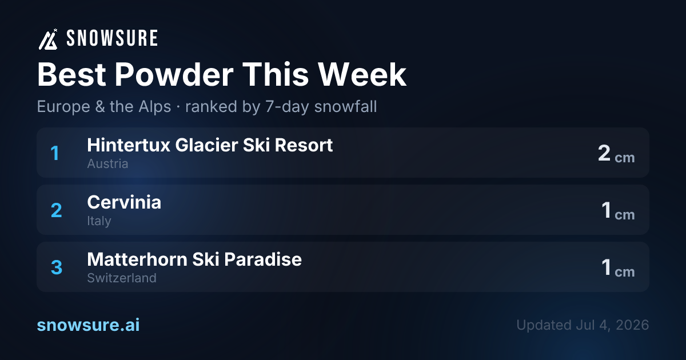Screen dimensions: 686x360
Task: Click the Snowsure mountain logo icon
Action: click(x=48, y=39)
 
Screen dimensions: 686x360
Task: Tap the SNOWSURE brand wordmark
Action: click(x=112, y=38)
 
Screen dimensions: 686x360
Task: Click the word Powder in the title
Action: click(x=174, y=75)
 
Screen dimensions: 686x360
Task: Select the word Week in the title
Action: click(x=362, y=75)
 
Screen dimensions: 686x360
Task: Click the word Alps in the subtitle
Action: click(x=155, y=107)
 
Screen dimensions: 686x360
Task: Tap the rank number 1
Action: click(x=55, y=153)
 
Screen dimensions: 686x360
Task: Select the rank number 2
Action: click(x=57, y=210)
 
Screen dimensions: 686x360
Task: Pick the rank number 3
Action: click(x=57, y=267)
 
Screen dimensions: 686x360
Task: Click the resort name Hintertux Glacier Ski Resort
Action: click(x=210, y=145)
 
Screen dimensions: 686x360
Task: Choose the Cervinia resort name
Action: click(x=124, y=202)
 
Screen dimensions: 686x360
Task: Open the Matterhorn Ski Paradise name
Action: click(x=194, y=259)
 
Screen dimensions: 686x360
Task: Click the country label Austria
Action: click(x=107, y=164)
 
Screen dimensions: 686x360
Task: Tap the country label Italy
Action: click(x=99, y=221)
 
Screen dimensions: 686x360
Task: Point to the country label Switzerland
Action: click(x=122, y=278)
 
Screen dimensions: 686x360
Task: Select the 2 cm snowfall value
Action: click(x=616, y=153)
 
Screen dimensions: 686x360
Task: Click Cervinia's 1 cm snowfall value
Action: click(x=618, y=211)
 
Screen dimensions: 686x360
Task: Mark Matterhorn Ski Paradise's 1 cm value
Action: click(x=618, y=268)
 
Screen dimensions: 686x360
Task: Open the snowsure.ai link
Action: click(x=88, y=325)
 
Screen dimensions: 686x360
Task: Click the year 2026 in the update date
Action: click(x=632, y=325)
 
